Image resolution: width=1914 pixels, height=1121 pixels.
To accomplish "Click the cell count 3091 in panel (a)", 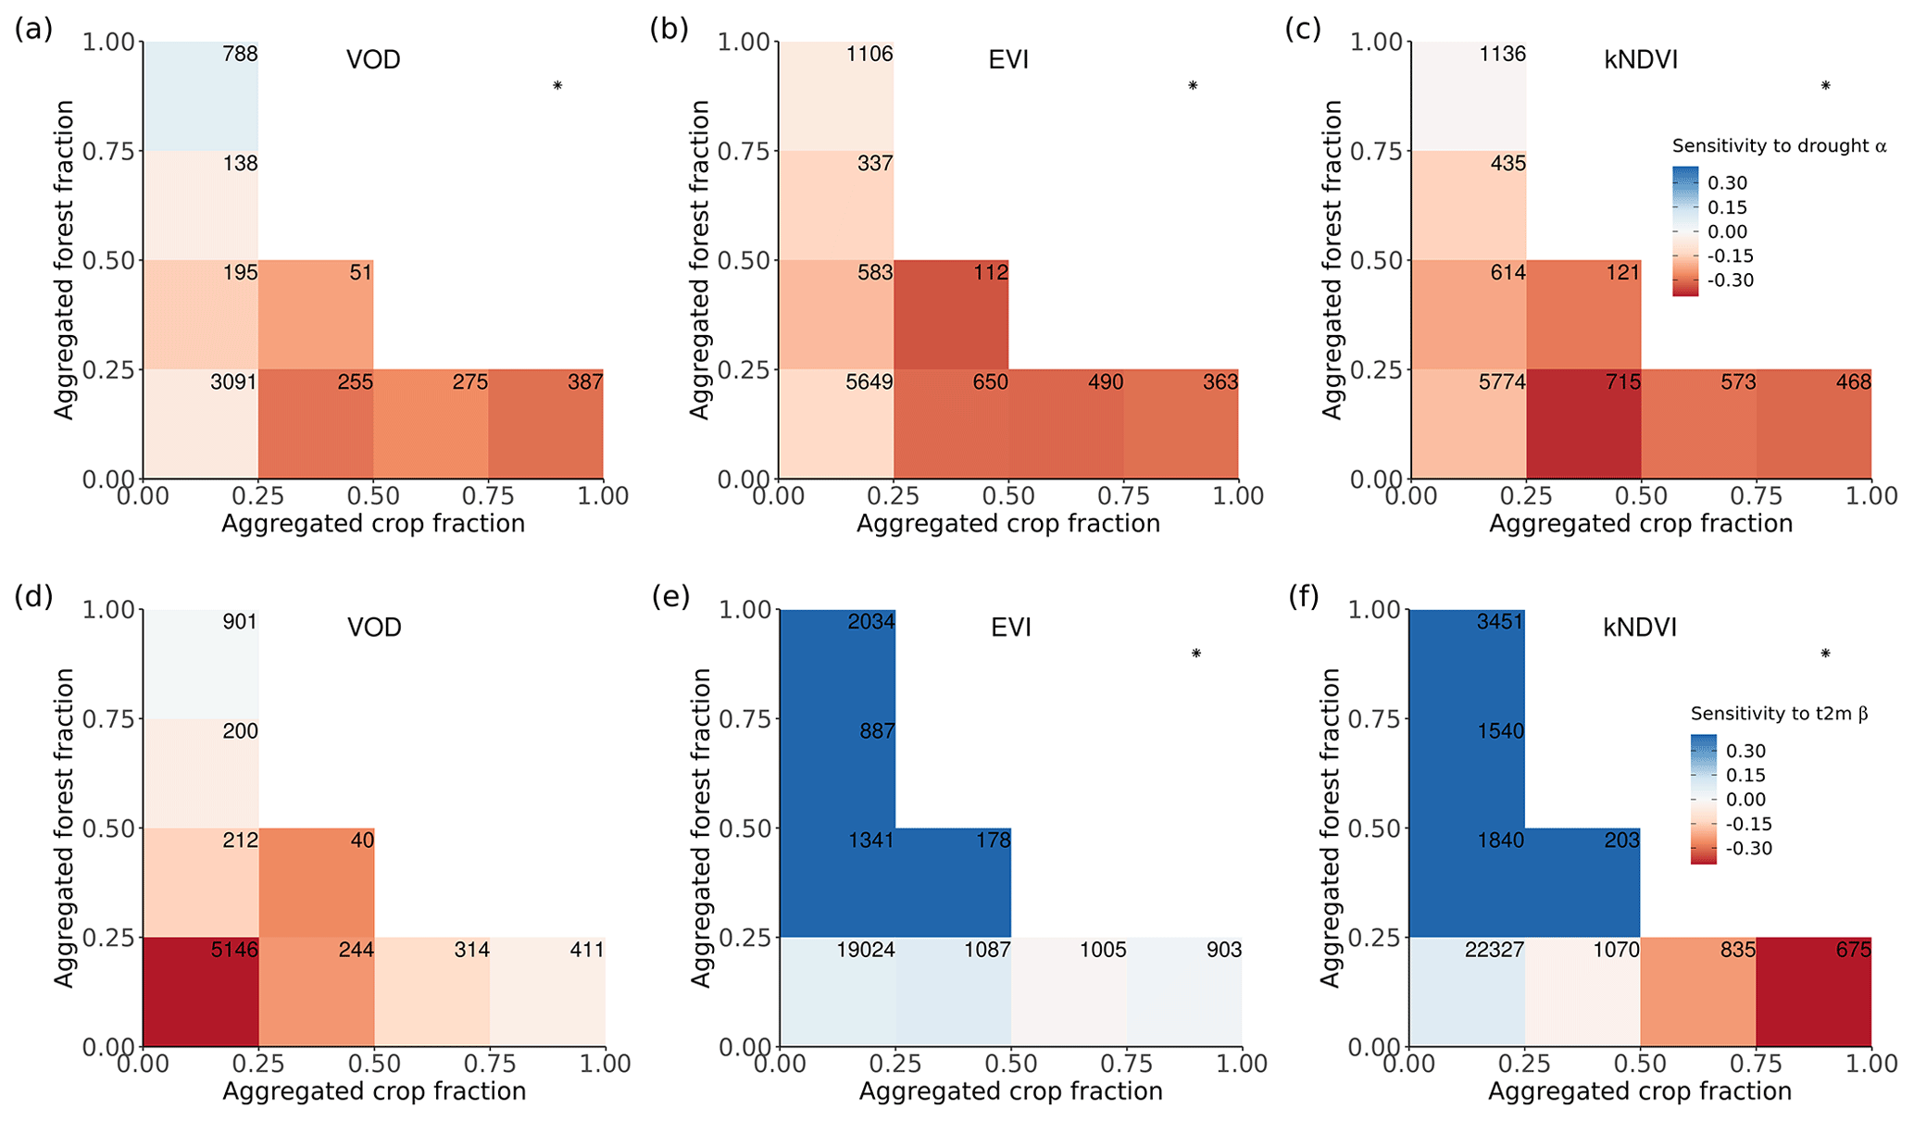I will [x=233, y=382].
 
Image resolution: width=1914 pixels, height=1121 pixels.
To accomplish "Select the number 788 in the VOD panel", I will [x=241, y=55].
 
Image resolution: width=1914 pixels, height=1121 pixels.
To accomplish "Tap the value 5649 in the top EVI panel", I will [x=869, y=382].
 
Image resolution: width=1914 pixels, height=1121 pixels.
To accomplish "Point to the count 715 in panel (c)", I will [x=1623, y=382].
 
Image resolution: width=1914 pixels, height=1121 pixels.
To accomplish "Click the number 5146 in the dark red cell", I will [x=234, y=950].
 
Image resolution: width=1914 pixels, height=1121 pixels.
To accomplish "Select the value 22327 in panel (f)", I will [x=1494, y=950].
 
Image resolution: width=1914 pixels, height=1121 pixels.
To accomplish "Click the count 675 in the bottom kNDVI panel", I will [x=1853, y=950].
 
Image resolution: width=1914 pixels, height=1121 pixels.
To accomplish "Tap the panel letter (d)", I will [x=33, y=597].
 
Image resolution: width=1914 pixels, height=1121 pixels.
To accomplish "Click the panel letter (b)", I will [x=669, y=30].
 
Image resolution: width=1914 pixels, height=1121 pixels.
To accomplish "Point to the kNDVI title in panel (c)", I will [x=1640, y=60].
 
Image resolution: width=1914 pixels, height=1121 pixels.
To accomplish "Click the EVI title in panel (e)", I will [x=1010, y=628].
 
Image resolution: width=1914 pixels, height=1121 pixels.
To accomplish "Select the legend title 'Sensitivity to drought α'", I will [x=1779, y=146].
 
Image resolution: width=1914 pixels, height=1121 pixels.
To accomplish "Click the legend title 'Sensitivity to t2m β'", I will [x=1779, y=714].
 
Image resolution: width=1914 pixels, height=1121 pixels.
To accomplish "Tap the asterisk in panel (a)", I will [x=557, y=86].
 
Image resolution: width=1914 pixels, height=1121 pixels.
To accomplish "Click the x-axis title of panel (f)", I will [x=1640, y=1091].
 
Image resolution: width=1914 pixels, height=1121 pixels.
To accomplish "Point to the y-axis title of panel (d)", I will [x=63, y=828].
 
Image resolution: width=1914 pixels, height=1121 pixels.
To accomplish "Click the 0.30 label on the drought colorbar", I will [x=1727, y=183].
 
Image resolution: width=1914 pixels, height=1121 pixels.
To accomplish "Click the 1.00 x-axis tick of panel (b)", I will [x=1238, y=496].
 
